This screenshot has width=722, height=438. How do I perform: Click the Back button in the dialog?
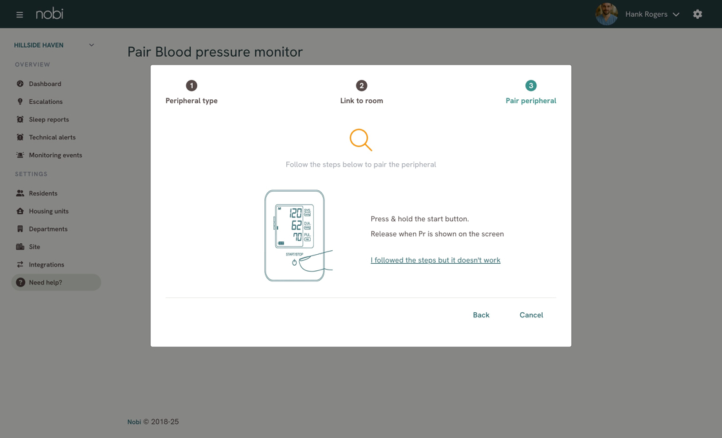[481, 315]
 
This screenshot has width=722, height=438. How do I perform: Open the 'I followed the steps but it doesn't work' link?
[435, 260]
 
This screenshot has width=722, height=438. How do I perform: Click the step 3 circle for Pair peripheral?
[531, 86]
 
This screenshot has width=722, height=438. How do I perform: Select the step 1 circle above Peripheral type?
[191, 86]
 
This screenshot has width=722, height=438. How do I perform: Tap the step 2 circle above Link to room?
[362, 86]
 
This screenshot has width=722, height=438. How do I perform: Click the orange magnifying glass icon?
[360, 140]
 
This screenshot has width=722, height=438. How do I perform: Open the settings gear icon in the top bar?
[698, 14]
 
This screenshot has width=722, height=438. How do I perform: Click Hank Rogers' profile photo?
[607, 14]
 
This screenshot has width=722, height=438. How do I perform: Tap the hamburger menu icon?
[19, 15]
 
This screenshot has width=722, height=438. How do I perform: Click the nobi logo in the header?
[50, 14]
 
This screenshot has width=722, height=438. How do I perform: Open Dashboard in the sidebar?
[45, 84]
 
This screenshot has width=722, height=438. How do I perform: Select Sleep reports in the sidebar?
[49, 120]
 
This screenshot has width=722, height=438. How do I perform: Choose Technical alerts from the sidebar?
[52, 137]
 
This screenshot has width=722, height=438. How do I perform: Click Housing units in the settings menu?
[48, 212]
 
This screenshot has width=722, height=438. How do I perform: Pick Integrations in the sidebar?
[46, 265]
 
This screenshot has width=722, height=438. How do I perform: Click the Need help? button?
[56, 283]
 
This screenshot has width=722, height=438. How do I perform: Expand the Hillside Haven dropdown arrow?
[92, 45]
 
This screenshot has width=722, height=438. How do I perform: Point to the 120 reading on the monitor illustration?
[295, 213]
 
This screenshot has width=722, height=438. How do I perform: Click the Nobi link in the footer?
[134, 422]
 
